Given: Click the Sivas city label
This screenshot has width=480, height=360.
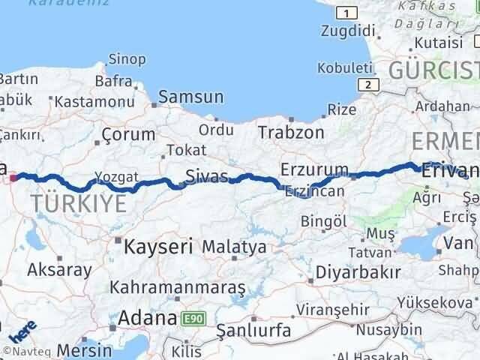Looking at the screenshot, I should point(208,178).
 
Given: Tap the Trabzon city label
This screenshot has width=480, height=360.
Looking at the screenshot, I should point(291,132).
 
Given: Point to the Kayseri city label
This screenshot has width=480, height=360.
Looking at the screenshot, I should point(158,245).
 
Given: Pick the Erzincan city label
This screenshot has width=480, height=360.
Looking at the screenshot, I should point(314,191).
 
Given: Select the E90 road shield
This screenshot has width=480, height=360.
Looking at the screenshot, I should point(193,319).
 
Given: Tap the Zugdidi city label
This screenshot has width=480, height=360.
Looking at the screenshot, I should point(346,31).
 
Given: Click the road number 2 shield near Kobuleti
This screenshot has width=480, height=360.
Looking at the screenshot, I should point(366,85).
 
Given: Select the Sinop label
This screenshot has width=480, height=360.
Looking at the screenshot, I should point(127,58).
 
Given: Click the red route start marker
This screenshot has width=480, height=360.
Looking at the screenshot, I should point(14,178).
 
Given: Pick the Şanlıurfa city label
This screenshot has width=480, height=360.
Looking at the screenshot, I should point(251,329).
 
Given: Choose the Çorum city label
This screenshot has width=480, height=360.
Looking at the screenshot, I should point(128,135).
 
